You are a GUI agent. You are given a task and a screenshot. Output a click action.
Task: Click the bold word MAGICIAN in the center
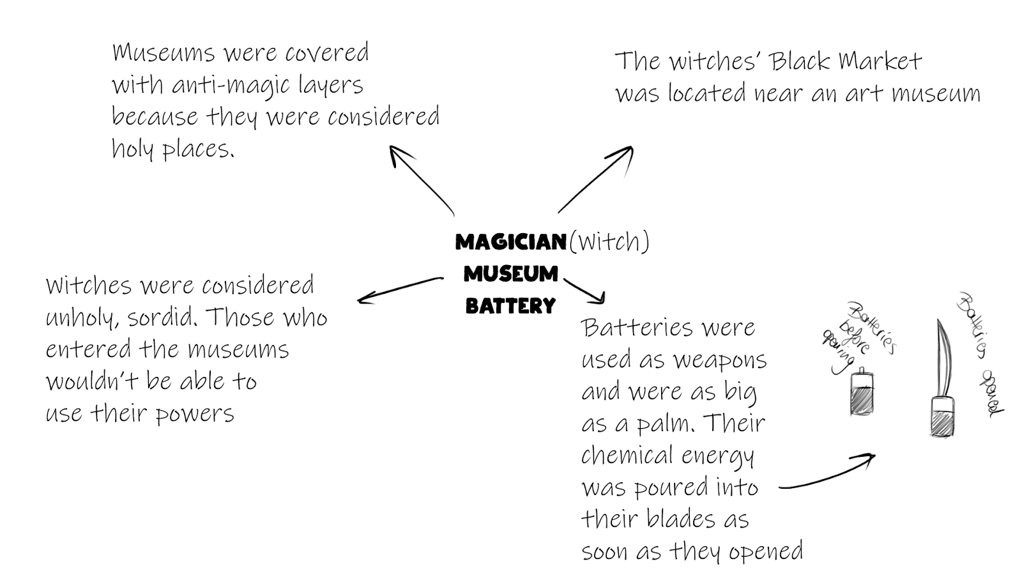[510, 242]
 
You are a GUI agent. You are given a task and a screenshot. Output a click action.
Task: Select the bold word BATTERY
[510, 306]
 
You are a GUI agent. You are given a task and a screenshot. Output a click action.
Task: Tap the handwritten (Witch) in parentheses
[609, 241]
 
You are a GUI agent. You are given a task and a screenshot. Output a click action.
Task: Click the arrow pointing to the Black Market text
[595, 179]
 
